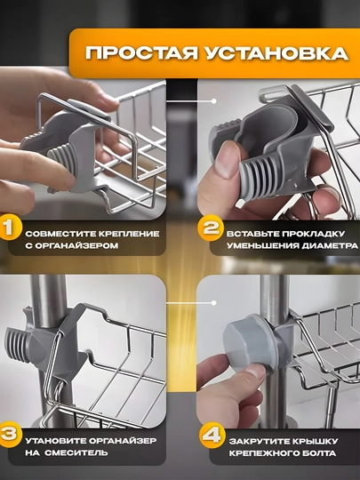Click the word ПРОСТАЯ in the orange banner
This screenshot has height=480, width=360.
141,53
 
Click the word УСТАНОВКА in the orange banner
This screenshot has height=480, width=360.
276,53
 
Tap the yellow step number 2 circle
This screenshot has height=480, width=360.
210,228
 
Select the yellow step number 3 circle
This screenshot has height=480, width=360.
10,435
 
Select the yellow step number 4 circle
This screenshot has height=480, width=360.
212,435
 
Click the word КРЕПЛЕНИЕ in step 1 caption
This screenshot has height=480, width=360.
129,234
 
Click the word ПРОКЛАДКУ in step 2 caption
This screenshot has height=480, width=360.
313,234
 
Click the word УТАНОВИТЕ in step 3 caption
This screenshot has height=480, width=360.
57,441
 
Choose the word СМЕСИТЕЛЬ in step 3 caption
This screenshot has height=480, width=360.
76,452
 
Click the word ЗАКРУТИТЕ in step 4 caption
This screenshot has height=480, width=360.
259,442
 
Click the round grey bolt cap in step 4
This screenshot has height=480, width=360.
249,344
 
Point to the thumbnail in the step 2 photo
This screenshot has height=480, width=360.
227,159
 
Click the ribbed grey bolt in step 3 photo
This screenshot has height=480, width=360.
19,345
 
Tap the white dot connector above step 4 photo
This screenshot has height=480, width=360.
213,303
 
